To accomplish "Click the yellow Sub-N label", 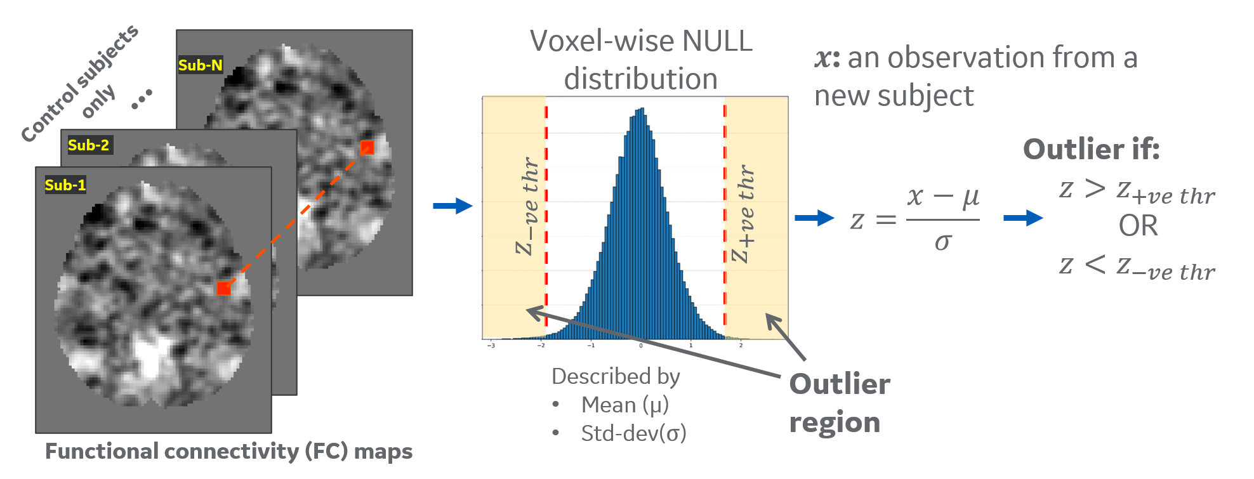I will point(200,65).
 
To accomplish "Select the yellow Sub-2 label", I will point(88,145).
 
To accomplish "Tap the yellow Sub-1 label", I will point(65,185).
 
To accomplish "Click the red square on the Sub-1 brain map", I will point(223,289).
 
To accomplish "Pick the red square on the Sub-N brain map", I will point(367,148).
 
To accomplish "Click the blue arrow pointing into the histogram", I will point(452,206).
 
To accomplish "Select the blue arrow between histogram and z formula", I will point(814,218).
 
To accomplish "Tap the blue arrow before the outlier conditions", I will point(1023,218).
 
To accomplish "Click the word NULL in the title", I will point(717,42).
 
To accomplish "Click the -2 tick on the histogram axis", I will point(541,346).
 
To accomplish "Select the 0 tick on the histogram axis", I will point(641,346).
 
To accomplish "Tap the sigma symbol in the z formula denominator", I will point(943,242).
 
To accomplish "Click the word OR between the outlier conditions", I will point(1138,226).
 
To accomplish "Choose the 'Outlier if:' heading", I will point(1091,150).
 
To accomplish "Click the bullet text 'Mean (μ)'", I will point(624,405).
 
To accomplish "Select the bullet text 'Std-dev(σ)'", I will point(633,433).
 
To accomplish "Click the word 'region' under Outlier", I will point(835,423).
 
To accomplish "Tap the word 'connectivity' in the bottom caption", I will point(232,452).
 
